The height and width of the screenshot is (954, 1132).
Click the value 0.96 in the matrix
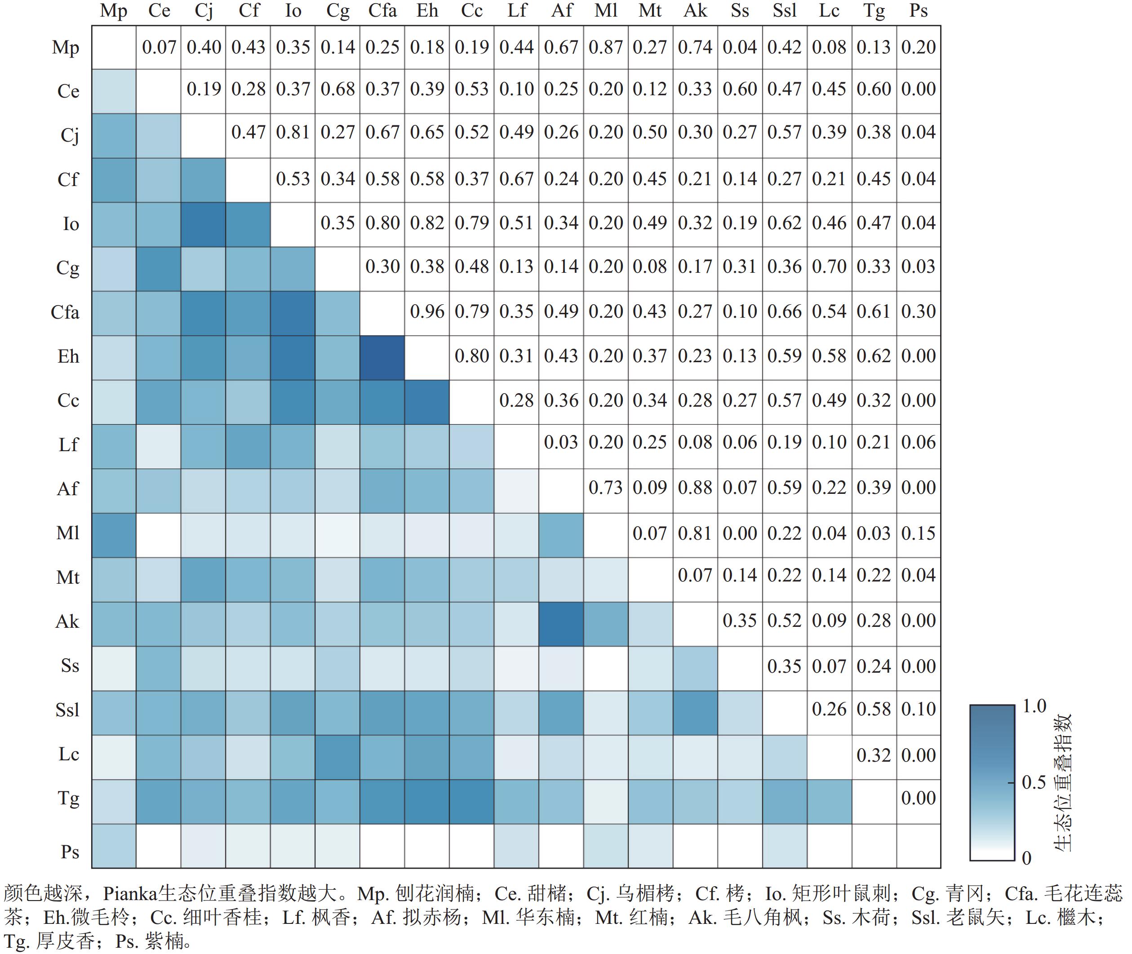[427, 311]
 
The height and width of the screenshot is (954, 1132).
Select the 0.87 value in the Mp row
[606, 47]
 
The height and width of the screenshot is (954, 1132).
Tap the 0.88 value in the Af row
[695, 487]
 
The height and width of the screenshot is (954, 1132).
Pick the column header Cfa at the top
[382, 11]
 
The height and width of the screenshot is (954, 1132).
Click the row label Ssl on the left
[67, 710]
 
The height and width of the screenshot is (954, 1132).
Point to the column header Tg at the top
[874, 11]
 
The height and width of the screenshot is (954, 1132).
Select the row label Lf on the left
[69, 444]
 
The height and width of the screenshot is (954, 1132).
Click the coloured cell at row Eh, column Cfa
[382, 358]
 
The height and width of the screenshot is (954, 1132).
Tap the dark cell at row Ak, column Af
[561, 624]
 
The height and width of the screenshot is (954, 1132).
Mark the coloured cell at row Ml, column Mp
[114, 535]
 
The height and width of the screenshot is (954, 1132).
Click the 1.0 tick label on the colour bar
[1034, 706]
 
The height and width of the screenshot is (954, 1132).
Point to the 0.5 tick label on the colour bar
[1034, 782]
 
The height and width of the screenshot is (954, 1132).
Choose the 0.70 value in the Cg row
[829, 266]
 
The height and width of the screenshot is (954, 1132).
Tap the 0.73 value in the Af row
[606, 487]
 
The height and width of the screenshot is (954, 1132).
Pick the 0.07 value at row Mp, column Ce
[159, 47]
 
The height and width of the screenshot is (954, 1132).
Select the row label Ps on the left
[70, 852]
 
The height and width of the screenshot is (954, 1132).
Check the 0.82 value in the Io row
[427, 223]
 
